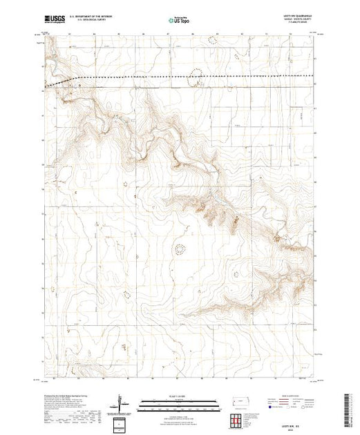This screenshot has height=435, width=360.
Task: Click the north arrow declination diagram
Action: click(122, 403)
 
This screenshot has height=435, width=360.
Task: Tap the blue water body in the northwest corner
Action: click(48, 68)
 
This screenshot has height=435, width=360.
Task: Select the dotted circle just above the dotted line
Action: click(196, 71)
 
